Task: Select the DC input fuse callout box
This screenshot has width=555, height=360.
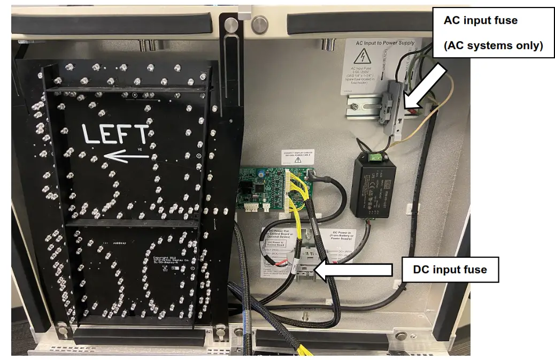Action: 450,269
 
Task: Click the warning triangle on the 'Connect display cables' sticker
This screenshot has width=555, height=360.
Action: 298,159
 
